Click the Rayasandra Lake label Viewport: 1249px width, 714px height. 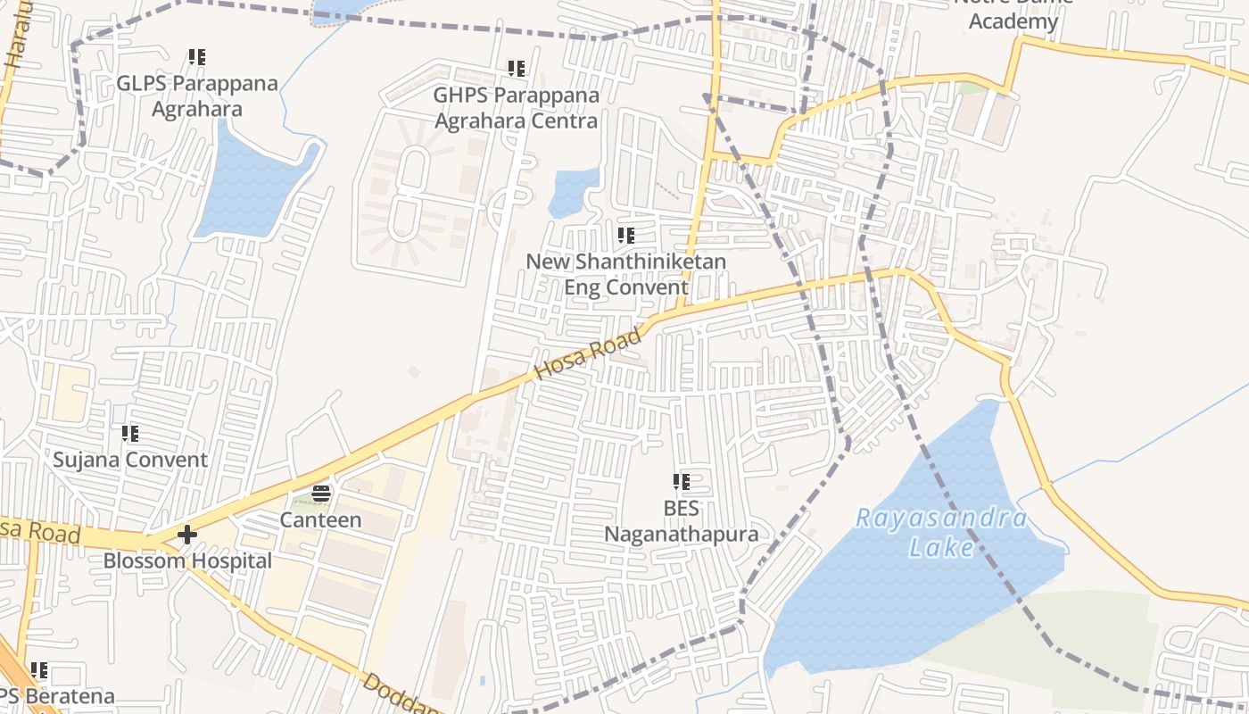[941, 532]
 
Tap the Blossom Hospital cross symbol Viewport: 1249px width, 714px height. [187, 535]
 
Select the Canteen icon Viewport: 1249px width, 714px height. [321, 494]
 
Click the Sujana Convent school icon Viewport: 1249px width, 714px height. [130, 434]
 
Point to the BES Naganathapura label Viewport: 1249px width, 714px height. [682, 521]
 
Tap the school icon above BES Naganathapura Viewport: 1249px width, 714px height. [682, 483]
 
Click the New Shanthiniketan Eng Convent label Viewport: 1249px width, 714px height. [625, 274]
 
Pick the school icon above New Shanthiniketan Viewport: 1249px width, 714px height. [626, 236]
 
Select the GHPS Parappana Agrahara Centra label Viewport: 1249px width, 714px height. [516, 107]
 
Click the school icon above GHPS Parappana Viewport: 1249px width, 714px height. [516, 68]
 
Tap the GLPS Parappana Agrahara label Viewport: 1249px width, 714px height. [197, 96]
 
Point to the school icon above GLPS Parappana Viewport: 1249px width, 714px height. [197, 57]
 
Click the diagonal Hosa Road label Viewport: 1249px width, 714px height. [588, 354]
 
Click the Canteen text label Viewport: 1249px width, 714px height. [321, 519]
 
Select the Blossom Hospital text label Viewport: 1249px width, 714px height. [187, 561]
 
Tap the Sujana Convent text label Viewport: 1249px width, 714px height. [130, 461]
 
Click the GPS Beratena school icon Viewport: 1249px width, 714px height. [39, 669]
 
